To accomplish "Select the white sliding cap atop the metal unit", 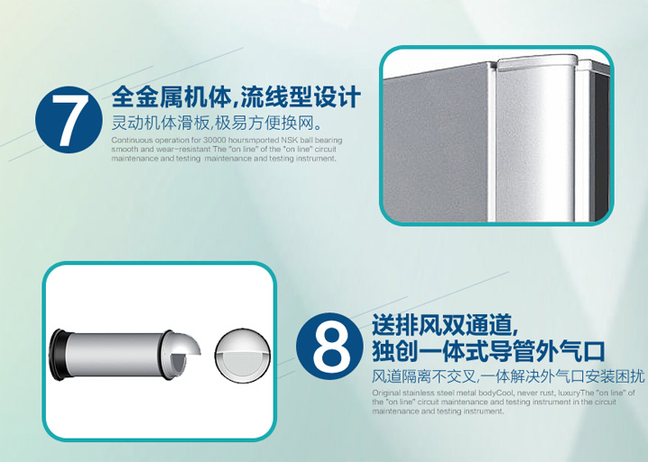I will click(536, 64).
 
